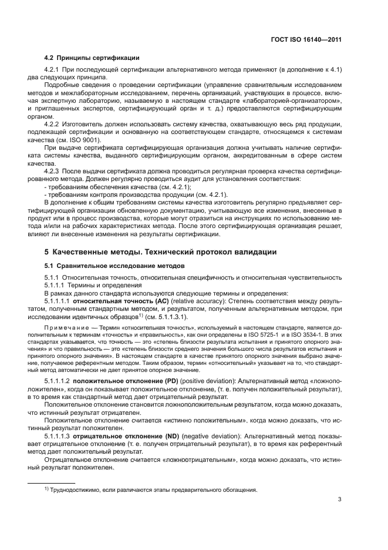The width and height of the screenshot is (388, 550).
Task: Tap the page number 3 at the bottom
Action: point(340,500)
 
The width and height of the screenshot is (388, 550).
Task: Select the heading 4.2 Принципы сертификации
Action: point(92,58)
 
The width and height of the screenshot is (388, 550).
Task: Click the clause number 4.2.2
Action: point(55,125)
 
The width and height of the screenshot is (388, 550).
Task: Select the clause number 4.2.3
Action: point(55,170)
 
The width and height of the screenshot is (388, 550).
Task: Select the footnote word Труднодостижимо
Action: point(76,489)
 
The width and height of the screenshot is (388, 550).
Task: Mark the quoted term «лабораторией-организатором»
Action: point(298,101)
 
